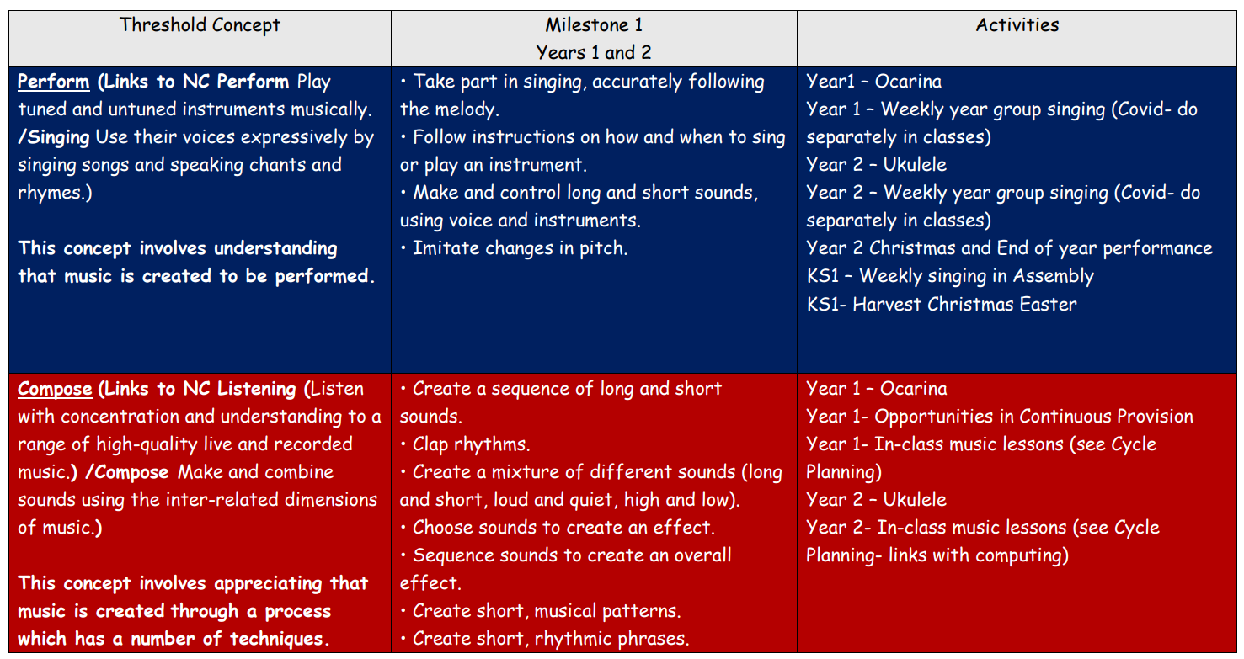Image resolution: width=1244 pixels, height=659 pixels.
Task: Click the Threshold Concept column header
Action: point(200,25)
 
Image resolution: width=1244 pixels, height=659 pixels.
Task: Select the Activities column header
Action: point(1017,25)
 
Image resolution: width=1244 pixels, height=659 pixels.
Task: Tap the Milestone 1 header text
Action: point(594,25)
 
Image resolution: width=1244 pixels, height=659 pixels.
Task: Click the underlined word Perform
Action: point(53,82)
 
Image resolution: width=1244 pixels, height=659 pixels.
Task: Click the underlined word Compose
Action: point(55,389)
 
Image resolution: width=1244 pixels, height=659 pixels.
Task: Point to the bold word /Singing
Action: point(53,137)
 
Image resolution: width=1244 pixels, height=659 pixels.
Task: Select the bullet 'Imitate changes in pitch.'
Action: point(514,248)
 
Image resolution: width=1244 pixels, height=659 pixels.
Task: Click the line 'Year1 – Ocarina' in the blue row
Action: point(873,82)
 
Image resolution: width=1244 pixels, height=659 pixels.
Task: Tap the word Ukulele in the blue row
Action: point(915,165)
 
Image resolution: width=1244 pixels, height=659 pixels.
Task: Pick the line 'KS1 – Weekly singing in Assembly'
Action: point(950,276)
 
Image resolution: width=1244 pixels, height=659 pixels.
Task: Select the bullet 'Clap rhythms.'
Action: point(466,444)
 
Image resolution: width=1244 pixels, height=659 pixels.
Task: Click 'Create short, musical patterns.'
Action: point(541,611)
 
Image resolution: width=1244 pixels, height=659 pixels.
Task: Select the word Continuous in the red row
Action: point(1065,417)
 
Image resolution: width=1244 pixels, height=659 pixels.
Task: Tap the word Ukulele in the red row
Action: point(915,500)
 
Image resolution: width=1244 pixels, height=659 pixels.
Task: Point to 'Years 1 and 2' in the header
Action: point(594,53)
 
